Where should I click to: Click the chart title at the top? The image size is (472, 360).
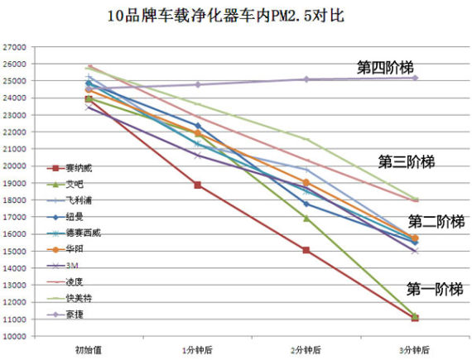(x=235, y=16)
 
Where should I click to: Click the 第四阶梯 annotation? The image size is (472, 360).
(x=385, y=68)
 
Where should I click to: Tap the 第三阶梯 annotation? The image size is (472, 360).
(x=406, y=161)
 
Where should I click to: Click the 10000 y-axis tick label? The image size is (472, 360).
(x=16, y=336)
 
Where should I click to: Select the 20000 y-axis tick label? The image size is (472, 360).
(x=16, y=166)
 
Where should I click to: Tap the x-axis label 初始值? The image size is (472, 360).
(x=89, y=350)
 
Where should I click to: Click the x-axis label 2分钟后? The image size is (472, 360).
(x=306, y=350)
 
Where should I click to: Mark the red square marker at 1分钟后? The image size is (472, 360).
(x=197, y=185)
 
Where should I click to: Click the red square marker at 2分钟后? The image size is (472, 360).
(x=306, y=250)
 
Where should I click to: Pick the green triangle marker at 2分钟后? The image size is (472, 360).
(x=306, y=218)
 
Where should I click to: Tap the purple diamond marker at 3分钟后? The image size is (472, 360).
(x=414, y=78)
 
